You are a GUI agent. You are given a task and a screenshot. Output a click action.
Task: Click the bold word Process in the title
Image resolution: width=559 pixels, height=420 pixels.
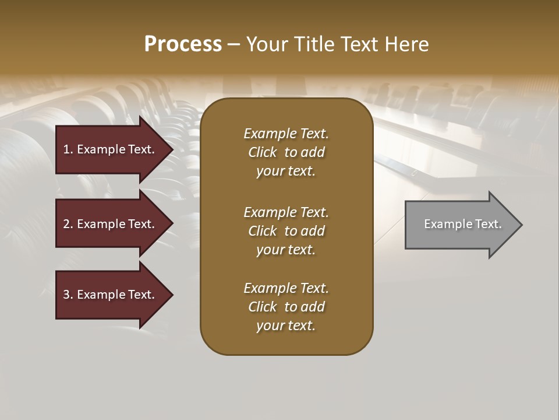183,44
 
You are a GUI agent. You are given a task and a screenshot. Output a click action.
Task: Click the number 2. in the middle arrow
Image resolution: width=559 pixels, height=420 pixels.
68,224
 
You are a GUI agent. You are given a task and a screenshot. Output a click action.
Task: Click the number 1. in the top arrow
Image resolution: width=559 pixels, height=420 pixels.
68,149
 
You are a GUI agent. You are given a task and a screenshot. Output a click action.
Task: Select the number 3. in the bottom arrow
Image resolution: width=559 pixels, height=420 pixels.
68,295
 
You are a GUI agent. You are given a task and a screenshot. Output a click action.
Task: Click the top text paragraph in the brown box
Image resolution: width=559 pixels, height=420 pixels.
286,152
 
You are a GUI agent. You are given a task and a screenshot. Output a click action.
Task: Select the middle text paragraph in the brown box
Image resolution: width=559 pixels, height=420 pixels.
286,230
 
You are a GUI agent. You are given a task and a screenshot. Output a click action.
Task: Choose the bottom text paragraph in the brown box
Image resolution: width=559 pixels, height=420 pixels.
286,307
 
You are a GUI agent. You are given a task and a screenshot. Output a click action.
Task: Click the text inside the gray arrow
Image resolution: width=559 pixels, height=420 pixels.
462,224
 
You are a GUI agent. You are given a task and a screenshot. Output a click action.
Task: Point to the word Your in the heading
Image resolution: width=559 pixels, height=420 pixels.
268,44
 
